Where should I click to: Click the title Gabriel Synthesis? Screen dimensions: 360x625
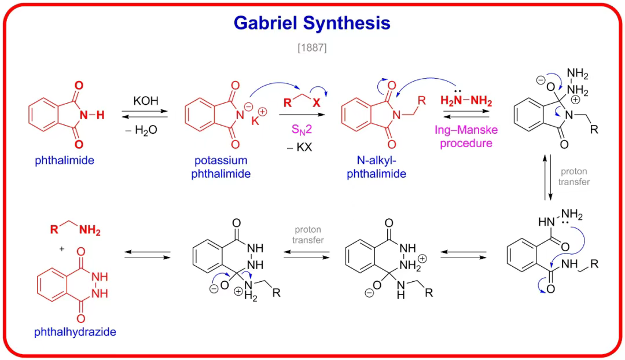coord(312,23)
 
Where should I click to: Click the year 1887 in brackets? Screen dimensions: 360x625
coord(312,48)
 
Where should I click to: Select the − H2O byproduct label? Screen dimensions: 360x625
coord(145,131)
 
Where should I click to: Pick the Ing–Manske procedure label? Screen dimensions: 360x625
coord(466,137)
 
